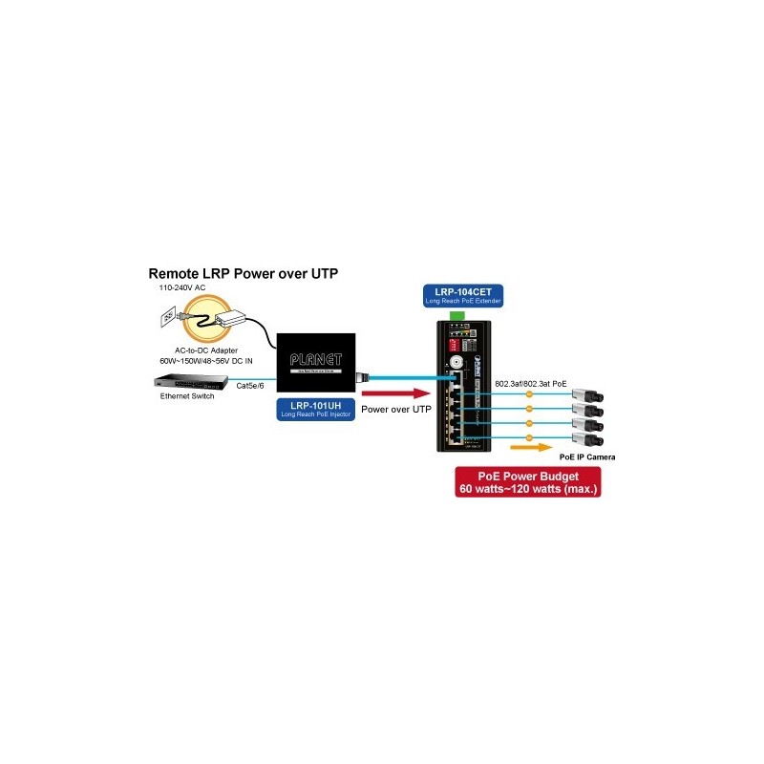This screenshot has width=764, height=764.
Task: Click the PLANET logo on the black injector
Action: click(x=314, y=360)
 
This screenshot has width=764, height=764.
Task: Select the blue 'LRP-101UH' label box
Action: click(x=314, y=409)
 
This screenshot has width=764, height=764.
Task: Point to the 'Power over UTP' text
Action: click(x=396, y=409)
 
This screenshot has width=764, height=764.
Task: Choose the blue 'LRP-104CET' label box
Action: click(x=463, y=296)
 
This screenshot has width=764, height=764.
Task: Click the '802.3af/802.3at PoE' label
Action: click(x=530, y=383)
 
